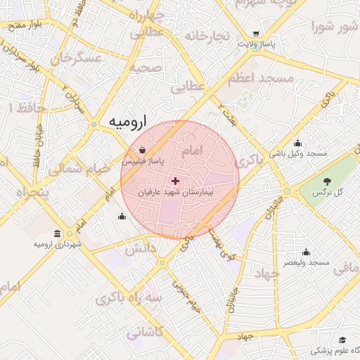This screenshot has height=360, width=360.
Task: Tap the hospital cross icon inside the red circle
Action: (x=175, y=181)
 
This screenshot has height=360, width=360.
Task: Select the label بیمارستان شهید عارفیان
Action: (x=181, y=192)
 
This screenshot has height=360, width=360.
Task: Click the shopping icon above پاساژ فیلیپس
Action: (x=143, y=150)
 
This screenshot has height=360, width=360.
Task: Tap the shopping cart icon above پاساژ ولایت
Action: (x=255, y=34)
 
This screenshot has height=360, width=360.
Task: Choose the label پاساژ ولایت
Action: (x=255, y=44)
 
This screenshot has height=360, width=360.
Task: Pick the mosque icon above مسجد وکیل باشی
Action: (x=297, y=143)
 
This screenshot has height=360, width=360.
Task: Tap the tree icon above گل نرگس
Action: (x=326, y=181)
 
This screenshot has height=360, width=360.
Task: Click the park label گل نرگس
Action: (x=326, y=192)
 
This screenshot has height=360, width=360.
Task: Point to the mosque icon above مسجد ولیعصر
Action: (x=306, y=252)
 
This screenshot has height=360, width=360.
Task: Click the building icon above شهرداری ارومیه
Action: (x=57, y=233)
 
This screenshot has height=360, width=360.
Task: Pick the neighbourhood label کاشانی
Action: (x=144, y=330)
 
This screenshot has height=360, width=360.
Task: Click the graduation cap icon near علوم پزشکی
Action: (x=342, y=340)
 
